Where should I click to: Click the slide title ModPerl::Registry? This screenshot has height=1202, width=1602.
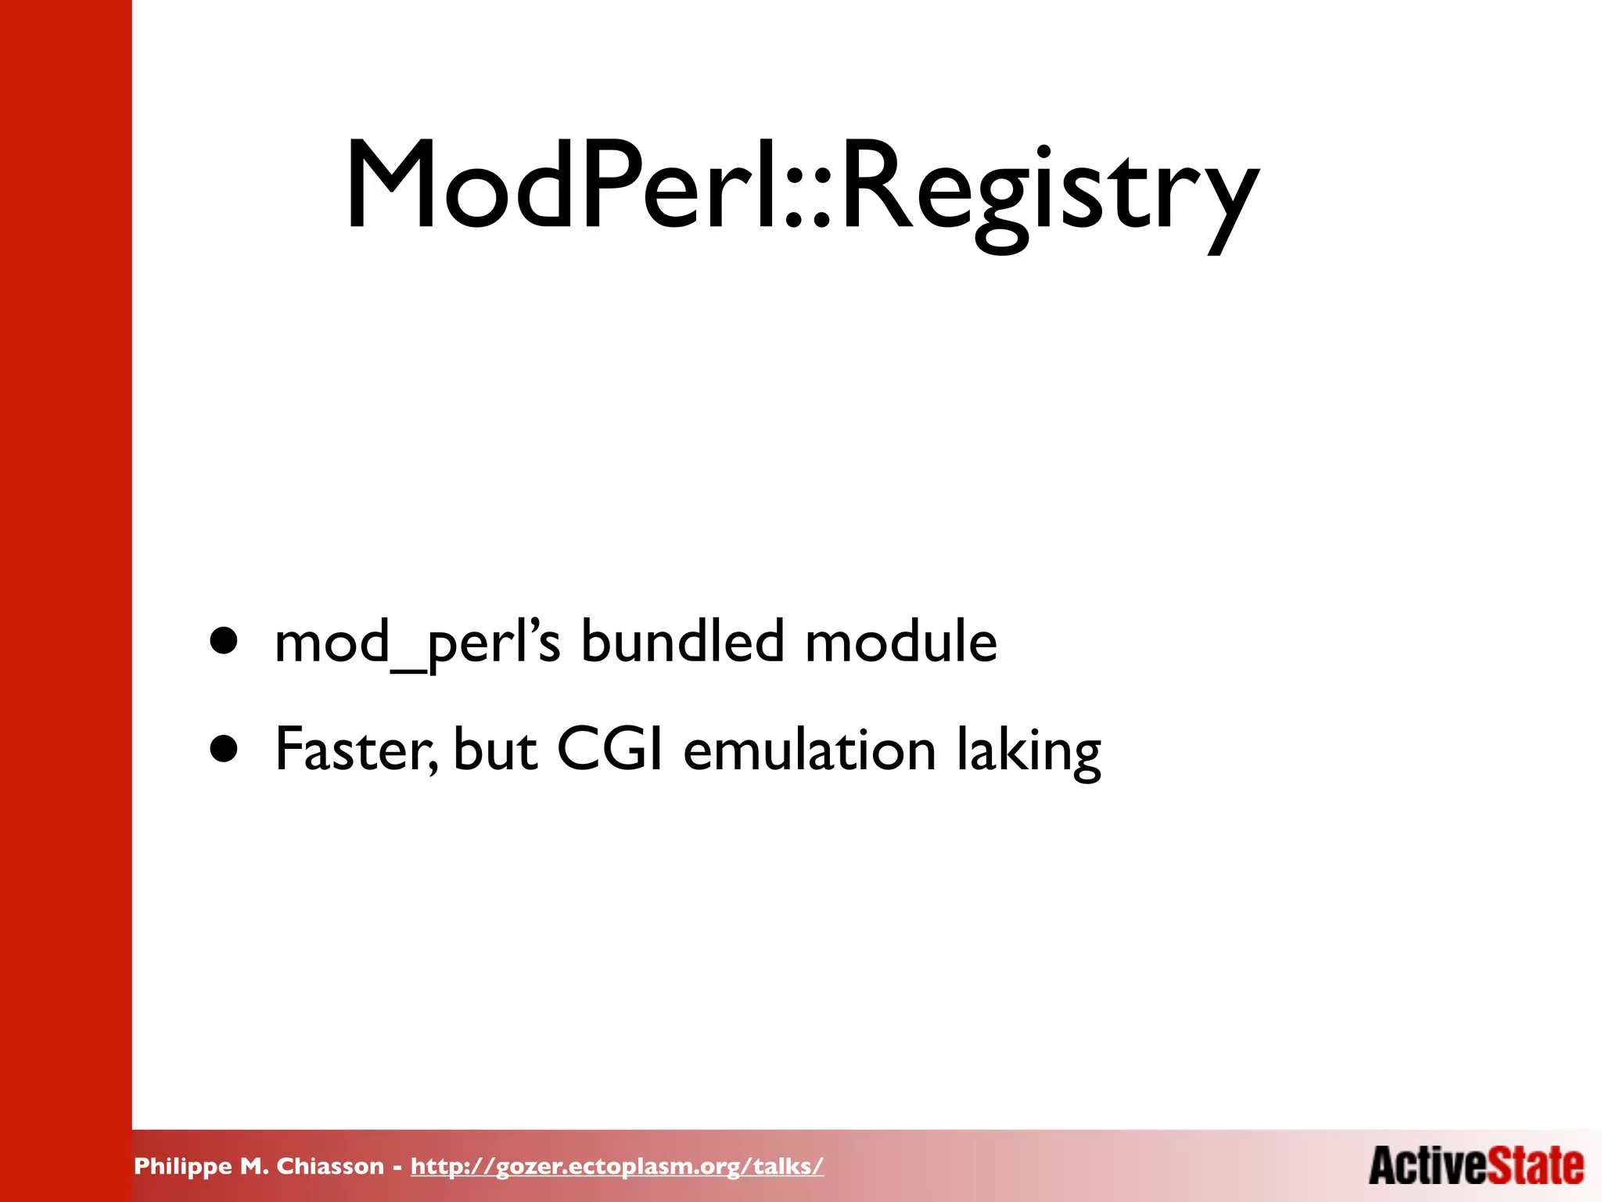point(802,188)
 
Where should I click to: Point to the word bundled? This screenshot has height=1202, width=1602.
point(681,642)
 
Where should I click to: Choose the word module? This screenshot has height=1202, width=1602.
point(901,642)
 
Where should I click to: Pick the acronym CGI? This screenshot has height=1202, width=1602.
point(610,750)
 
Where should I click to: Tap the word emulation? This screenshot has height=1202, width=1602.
point(810,750)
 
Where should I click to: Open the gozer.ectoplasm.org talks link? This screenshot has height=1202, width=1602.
point(616,1166)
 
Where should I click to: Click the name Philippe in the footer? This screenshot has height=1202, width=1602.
point(183,1167)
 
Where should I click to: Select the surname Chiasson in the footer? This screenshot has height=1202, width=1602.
point(330,1166)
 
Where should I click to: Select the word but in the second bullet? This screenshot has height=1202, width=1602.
point(494,750)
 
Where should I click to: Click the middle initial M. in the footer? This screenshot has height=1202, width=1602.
point(255,1166)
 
